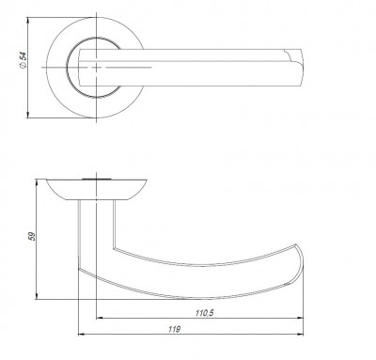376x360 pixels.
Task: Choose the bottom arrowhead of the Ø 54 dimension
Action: pyautogui.click(x=35, y=115)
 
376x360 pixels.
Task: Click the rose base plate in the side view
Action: pyautogui.click(x=94, y=188)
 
